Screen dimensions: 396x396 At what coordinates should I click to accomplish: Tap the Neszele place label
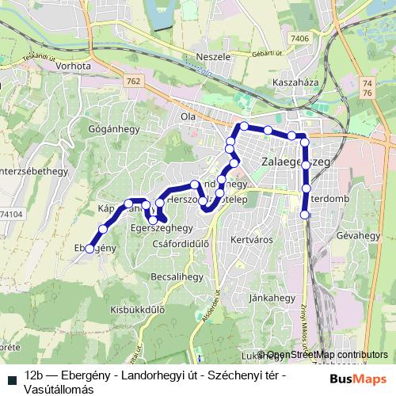(x=212, y=58)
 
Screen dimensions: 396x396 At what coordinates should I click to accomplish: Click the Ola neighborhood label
(x=188, y=116)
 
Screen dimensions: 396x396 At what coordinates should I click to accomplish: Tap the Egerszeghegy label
(x=156, y=228)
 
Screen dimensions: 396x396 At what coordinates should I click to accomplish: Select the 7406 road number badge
(x=299, y=38)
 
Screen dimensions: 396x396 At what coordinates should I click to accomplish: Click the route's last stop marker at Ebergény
(x=89, y=249)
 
